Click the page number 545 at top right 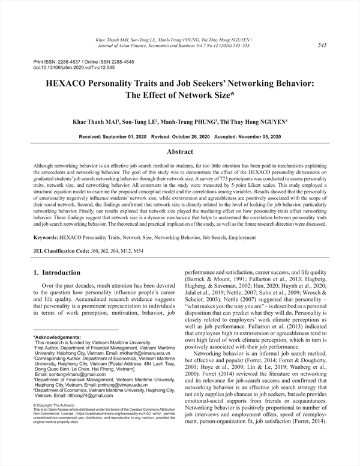pos(322,45)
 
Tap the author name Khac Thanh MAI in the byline pos(95,121)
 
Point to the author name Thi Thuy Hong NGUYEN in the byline pos(253,121)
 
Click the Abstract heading pos(179,152)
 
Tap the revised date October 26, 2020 pos(192,137)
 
